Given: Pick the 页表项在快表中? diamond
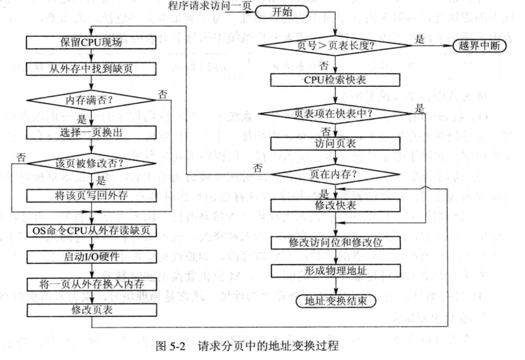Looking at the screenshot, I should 336,112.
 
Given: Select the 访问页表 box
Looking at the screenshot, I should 336,144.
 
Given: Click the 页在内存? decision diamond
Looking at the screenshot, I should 336,174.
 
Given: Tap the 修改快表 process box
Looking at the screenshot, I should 336,206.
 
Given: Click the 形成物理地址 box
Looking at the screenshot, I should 336,270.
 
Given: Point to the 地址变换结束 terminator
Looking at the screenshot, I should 336,300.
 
